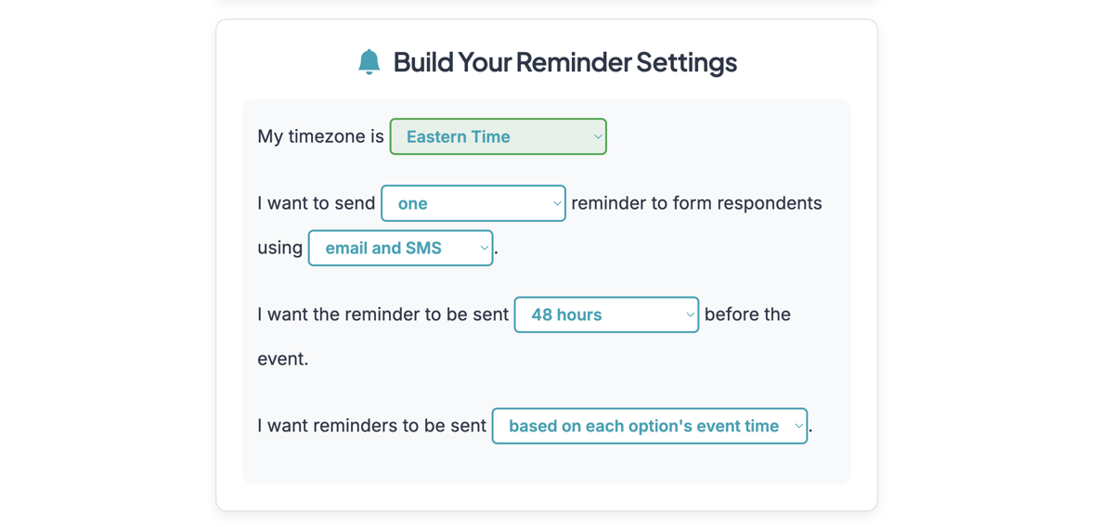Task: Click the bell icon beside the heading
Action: pyautogui.click(x=369, y=61)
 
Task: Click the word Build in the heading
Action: pyautogui.click(x=422, y=62)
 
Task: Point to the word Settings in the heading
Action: pyautogui.click(x=686, y=62)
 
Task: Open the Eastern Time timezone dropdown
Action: pyautogui.click(x=498, y=136)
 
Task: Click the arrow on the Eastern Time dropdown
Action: pyautogui.click(x=598, y=136)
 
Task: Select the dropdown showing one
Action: pyautogui.click(x=473, y=203)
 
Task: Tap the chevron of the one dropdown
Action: pyautogui.click(x=557, y=203)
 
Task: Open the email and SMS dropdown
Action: pyautogui.click(x=400, y=248)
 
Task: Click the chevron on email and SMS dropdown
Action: pyautogui.click(x=484, y=248)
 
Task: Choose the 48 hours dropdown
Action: pyautogui.click(x=605, y=315)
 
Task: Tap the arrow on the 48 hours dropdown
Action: pyautogui.click(x=690, y=315)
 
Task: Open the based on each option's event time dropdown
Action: pyautogui.click(x=649, y=426)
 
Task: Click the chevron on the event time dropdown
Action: pyautogui.click(x=798, y=426)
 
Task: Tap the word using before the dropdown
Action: pyautogui.click(x=280, y=248)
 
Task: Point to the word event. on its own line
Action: pyautogui.click(x=283, y=359)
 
